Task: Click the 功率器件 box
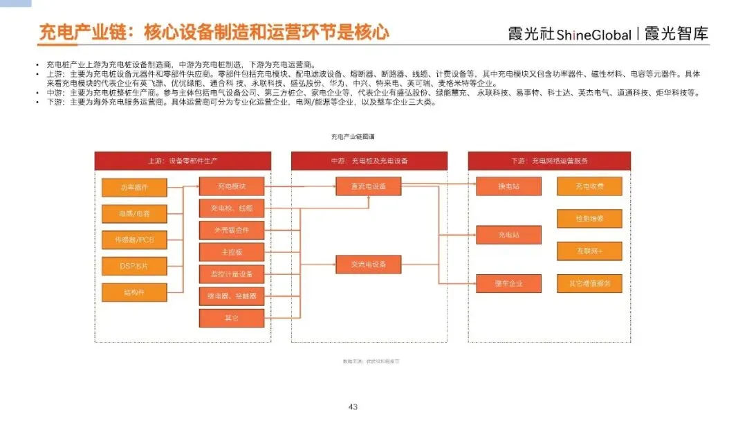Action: [134, 187]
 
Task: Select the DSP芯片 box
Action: [134, 266]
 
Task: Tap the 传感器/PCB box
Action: [134, 240]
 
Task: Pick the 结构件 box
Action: [134, 292]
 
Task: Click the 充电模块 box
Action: [232, 186]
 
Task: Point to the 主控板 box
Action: [232, 252]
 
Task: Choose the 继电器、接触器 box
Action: [232, 296]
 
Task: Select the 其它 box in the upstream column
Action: [232, 319]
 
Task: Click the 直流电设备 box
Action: [369, 186]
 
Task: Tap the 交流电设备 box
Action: [369, 265]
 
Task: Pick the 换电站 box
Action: [508, 186]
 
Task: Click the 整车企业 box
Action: [508, 283]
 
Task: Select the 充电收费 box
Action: [589, 186]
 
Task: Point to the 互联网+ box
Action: [589, 251]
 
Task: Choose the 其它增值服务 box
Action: [589, 283]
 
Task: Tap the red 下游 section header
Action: [549, 161]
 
